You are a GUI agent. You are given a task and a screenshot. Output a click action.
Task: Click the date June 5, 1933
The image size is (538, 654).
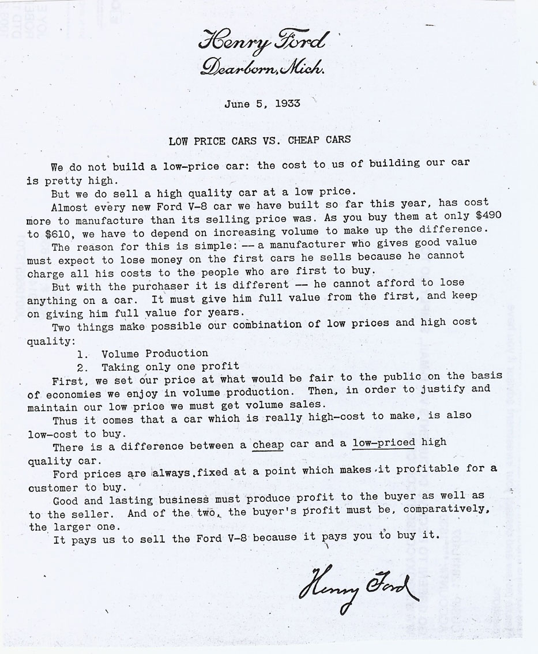(262, 104)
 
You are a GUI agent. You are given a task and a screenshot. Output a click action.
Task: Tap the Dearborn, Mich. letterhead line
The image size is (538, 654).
(262, 68)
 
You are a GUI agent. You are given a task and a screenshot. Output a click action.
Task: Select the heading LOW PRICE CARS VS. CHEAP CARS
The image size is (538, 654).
(259, 140)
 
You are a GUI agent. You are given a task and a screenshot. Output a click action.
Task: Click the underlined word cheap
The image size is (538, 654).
(268, 445)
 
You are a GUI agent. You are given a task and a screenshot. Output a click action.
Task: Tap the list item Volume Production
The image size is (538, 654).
(155, 353)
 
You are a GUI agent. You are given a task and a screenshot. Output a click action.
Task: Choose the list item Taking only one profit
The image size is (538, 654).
(170, 366)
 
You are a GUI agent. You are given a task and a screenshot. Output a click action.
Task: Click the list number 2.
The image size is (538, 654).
(81, 367)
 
